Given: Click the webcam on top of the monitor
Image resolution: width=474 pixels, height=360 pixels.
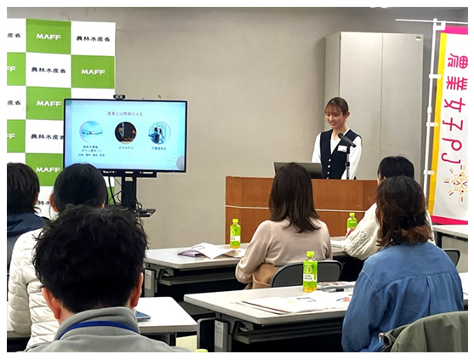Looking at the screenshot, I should tap(118, 96).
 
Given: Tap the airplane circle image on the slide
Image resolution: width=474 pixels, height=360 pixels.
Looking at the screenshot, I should tap(91, 132).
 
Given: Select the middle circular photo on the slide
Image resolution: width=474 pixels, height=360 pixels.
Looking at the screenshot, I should tap(125, 132).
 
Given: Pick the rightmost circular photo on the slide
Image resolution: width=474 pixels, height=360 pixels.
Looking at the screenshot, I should tap(158, 133).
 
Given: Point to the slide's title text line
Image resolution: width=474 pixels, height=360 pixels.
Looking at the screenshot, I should tap(124, 112).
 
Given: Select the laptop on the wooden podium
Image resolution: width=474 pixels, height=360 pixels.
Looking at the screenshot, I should tap(297, 169).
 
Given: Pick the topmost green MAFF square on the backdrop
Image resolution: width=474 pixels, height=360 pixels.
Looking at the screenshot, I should tap(49, 37).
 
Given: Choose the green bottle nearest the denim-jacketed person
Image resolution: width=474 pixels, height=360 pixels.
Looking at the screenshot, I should tap(310, 271).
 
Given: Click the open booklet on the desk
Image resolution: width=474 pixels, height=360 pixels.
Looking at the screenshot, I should tap(208, 250).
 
